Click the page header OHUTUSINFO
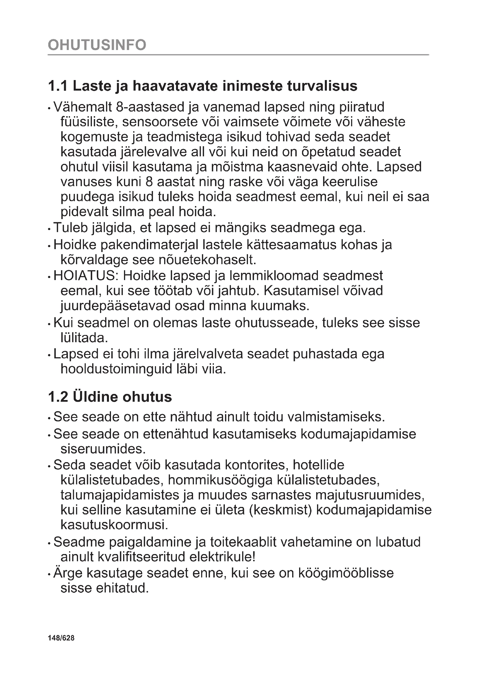click(x=97, y=45)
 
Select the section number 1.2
click(x=58, y=397)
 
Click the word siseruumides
click(x=103, y=449)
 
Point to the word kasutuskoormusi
click(x=114, y=525)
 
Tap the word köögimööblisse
click(x=346, y=573)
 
